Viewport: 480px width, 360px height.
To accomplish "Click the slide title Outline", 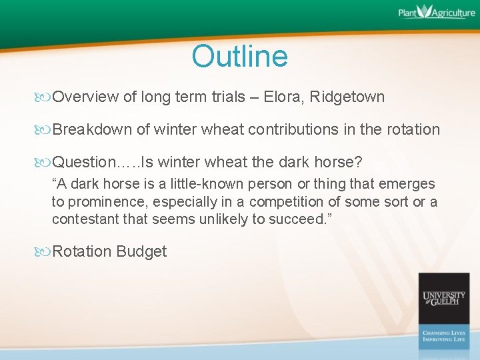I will (239, 57).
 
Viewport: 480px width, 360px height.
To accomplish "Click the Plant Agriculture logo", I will (437, 13).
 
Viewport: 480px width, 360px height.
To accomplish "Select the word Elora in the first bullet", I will (282, 97).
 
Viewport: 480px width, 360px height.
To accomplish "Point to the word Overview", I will (86, 97).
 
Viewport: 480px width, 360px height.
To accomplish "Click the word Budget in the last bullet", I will (141, 252).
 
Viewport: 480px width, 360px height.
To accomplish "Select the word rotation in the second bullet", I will (413, 129).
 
